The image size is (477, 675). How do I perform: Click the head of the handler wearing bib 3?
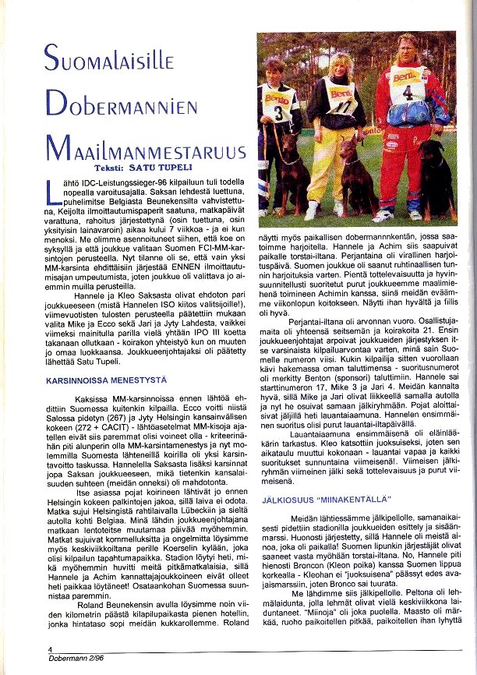coord(274,72)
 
